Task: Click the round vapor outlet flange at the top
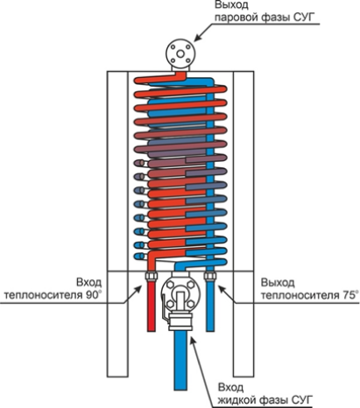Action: (180, 53)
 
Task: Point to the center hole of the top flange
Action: (180, 53)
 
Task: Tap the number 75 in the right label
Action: (348, 295)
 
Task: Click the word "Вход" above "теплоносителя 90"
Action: (89, 283)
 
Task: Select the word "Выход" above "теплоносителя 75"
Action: (278, 283)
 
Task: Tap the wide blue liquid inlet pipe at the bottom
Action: (180, 361)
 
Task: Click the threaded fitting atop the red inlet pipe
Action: (151, 275)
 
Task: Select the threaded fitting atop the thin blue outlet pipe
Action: (210, 275)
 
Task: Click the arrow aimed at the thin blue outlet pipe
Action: (228, 294)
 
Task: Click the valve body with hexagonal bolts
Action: (180, 295)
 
